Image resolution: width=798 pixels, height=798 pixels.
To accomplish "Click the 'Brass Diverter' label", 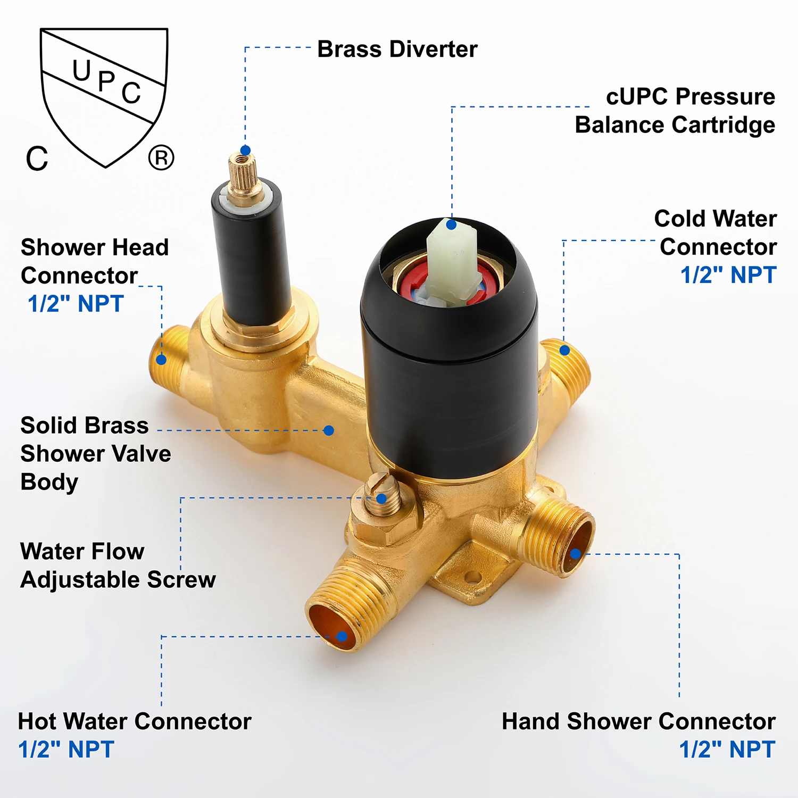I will pyautogui.click(x=397, y=49).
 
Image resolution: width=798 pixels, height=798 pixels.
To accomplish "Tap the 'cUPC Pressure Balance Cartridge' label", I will pyautogui.click(x=675, y=111).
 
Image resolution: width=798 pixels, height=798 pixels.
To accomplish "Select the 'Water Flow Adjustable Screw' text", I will pyautogui.click(x=118, y=566).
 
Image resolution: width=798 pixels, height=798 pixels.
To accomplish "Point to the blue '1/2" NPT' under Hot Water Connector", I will pyautogui.click(x=66, y=750).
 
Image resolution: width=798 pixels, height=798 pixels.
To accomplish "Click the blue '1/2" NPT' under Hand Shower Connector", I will pyautogui.click(x=727, y=750).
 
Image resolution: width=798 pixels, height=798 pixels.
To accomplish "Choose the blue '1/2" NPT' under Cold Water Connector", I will pyautogui.click(x=728, y=275).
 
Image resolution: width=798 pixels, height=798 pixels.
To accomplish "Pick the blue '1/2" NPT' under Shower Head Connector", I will pyautogui.click(x=76, y=304).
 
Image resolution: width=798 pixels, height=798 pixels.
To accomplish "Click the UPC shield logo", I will pyautogui.click(x=104, y=96).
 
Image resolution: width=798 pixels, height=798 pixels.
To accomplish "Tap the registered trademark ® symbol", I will pyautogui.click(x=161, y=158).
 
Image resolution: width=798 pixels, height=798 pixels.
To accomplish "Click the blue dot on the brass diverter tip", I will pyautogui.click(x=245, y=151).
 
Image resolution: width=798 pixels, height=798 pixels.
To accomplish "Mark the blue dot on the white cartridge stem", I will pyautogui.click(x=451, y=225).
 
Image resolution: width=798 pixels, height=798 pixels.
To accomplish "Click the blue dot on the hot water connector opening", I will pyautogui.click(x=342, y=636).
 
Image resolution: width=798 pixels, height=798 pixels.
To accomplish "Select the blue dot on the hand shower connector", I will pyautogui.click(x=575, y=554).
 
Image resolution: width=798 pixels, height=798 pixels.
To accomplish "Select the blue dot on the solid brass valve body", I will pyautogui.click(x=329, y=430).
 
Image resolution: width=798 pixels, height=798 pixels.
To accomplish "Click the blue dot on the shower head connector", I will pyautogui.click(x=162, y=360).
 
